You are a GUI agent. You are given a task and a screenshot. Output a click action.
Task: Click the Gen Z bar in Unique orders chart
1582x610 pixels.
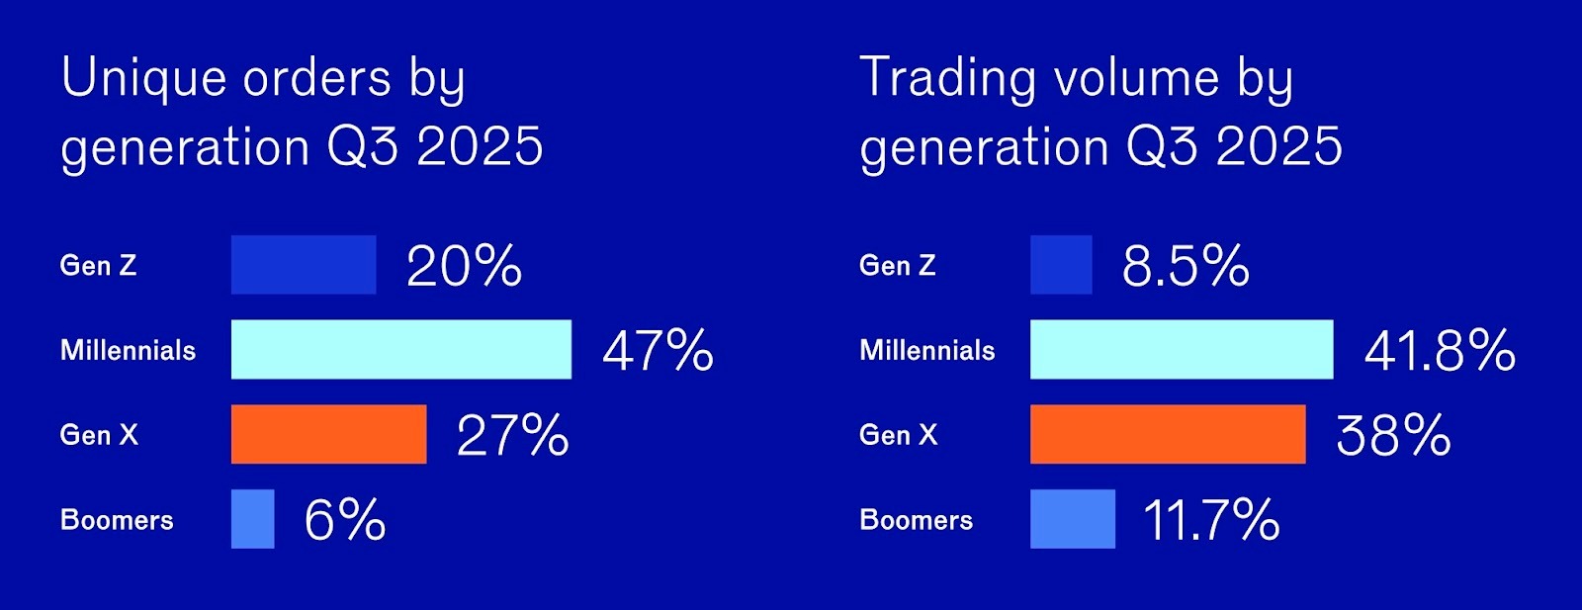point(304,265)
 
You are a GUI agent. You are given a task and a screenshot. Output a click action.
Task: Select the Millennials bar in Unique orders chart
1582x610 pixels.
point(401,349)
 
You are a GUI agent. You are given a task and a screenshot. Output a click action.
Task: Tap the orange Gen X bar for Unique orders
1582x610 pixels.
point(329,434)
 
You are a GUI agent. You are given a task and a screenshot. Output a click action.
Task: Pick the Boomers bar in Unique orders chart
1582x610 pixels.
point(253,519)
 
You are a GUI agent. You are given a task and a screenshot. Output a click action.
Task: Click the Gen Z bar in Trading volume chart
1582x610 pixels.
point(1061,265)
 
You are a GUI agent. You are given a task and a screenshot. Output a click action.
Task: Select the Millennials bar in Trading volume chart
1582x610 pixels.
point(1182,349)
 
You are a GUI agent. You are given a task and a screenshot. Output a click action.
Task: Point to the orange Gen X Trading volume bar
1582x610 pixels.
point(1168,434)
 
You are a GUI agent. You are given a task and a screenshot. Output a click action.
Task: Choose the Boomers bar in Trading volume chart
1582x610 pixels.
point(1073,519)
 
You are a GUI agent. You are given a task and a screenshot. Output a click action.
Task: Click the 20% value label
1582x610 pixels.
point(464,266)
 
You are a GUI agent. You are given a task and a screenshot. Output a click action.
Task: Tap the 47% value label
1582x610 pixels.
point(659,351)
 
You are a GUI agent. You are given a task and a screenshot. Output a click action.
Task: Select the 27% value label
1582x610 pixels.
point(513,436)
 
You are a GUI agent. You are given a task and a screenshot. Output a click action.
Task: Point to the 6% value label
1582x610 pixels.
point(345,520)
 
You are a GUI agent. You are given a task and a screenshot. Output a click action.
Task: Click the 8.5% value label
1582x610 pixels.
point(1186,266)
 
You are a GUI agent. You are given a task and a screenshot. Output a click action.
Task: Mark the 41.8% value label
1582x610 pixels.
point(1440,351)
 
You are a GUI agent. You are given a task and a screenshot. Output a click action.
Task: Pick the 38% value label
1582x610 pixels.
point(1393,436)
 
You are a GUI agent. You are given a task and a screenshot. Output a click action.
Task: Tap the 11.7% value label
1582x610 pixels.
point(1211,520)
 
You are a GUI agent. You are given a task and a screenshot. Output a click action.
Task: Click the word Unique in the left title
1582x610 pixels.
point(144,78)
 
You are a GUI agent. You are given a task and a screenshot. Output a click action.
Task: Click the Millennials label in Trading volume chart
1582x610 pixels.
point(927,350)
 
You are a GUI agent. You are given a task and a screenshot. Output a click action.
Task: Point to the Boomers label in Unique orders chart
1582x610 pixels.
point(118,520)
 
